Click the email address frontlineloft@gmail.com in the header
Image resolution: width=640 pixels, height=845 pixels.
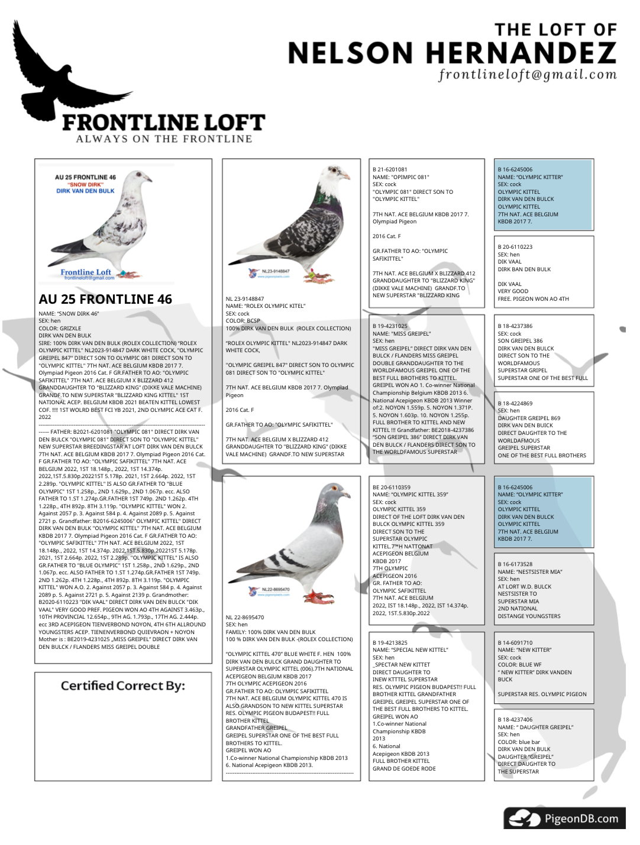(x=527, y=74)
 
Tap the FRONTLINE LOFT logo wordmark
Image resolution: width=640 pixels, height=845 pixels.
(x=163, y=122)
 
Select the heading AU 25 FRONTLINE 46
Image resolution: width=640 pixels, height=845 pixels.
(x=105, y=299)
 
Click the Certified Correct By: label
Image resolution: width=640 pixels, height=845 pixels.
(x=122, y=685)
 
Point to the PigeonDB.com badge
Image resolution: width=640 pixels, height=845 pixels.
(x=564, y=818)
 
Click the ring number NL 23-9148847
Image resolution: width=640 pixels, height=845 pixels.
(x=245, y=299)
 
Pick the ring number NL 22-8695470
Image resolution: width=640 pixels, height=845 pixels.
(x=245, y=617)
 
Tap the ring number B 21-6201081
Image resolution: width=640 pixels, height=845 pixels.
(x=390, y=170)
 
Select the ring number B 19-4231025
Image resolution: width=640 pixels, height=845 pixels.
(x=390, y=326)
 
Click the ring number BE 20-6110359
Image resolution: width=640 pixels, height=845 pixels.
(x=392, y=487)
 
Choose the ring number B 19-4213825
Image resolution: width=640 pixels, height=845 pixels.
(x=390, y=642)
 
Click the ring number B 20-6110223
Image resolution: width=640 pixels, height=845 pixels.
(x=515, y=247)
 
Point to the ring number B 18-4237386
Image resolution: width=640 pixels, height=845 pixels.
(x=515, y=326)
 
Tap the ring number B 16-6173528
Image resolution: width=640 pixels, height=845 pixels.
(x=515, y=564)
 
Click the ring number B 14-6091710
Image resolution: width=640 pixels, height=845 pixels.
(x=515, y=642)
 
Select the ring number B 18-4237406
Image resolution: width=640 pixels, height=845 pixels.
(x=515, y=720)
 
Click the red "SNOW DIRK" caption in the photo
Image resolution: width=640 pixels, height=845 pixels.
(x=85, y=184)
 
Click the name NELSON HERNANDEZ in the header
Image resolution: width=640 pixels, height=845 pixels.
(x=452, y=53)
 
